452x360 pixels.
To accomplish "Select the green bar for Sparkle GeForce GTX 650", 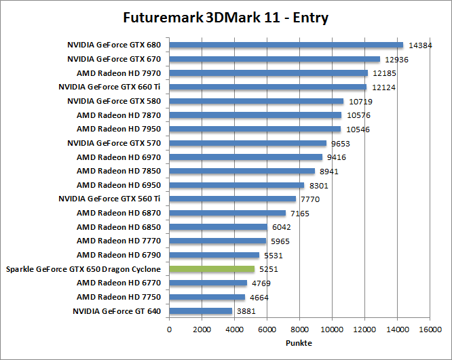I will pyautogui.click(x=212, y=269).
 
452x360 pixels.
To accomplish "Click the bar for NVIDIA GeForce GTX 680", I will pyautogui.click(x=286, y=45).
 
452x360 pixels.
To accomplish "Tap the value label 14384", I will pyautogui.click(x=421, y=45).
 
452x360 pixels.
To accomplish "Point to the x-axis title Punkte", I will pyautogui.click(x=299, y=342).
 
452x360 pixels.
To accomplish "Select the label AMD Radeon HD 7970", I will pyautogui.click(x=119, y=73).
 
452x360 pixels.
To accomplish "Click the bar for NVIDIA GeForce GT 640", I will pyautogui.click(x=200, y=311).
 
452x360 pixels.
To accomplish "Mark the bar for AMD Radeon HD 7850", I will pyautogui.click(x=242, y=172).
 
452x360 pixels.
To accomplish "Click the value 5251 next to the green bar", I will pyautogui.click(x=269, y=269).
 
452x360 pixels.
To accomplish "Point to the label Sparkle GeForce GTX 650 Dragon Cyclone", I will pyautogui.click(x=83, y=269).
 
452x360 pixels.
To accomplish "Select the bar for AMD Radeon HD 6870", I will pyautogui.click(x=227, y=213).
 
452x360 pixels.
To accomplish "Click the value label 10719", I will pyautogui.click(x=360, y=102).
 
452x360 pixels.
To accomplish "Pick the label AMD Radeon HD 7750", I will pyautogui.click(x=119, y=297).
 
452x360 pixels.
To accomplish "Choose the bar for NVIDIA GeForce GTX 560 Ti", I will pyautogui.click(x=232, y=199).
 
